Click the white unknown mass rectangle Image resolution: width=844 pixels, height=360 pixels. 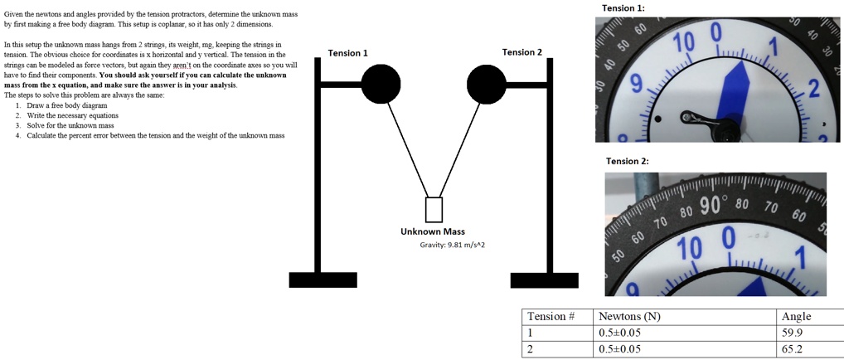[434, 210]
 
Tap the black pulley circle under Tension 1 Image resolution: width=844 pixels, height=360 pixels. [381, 84]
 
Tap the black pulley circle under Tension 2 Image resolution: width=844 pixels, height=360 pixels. [487, 84]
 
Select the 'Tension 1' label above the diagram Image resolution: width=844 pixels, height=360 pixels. [348, 53]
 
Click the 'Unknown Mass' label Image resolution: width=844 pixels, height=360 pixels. [433, 231]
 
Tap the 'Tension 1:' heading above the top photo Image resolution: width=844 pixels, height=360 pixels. [623, 8]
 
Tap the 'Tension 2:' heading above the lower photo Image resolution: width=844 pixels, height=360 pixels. [628, 161]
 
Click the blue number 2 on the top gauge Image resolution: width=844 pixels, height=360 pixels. [813, 90]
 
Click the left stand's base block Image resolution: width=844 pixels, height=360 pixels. [323, 280]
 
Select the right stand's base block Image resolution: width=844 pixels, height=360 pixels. [544, 280]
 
